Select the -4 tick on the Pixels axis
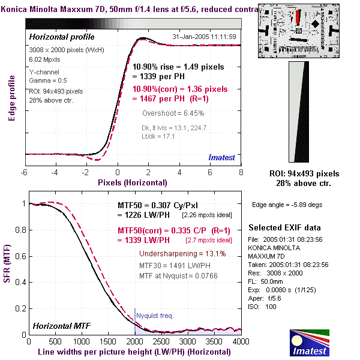pyautogui.click(x=55, y=173)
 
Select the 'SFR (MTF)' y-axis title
pyautogui.click(x=8, y=265)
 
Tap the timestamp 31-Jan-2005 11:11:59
pyautogui.click(x=204, y=37)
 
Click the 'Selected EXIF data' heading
pyautogui.click(x=284, y=228)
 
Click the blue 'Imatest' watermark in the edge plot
pyautogui.click(x=222, y=157)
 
